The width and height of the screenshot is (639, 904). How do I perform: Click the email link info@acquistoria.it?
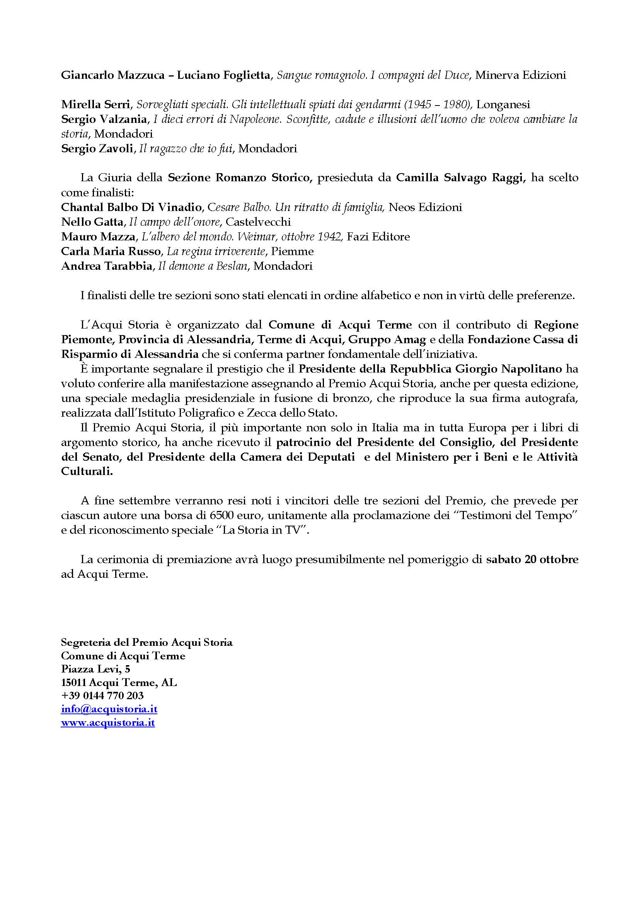pyautogui.click(x=109, y=709)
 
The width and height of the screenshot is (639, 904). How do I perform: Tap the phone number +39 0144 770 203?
pyautogui.click(x=102, y=696)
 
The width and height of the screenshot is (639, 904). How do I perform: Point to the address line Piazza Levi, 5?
pyautogui.click(x=95, y=669)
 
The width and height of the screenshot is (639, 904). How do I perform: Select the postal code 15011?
pyautogui.click(x=73, y=682)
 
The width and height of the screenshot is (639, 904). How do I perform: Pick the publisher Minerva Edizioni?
pyautogui.click(x=520, y=75)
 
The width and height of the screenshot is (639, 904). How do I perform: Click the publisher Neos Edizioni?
pyautogui.click(x=425, y=207)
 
